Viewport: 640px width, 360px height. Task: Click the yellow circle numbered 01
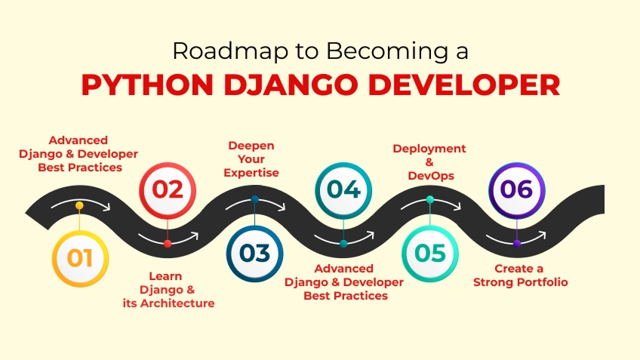click(x=79, y=258)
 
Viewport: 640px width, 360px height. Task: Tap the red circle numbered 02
click(x=168, y=189)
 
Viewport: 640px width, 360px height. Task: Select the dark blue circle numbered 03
click(x=254, y=254)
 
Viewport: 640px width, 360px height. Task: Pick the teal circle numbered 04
click(x=343, y=189)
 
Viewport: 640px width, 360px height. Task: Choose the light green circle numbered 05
click(x=429, y=254)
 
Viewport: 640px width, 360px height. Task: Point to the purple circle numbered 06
click(x=516, y=189)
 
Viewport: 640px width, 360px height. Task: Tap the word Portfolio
click(x=542, y=282)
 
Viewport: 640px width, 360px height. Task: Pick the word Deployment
click(x=429, y=148)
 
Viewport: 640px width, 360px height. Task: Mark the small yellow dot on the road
click(x=79, y=205)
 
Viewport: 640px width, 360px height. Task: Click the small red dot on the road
click(x=168, y=244)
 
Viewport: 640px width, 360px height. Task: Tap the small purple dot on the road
click(x=516, y=243)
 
